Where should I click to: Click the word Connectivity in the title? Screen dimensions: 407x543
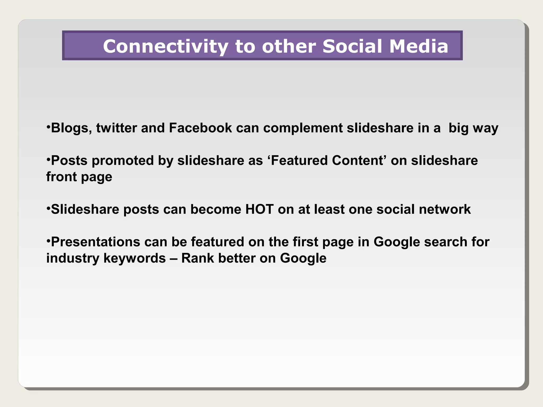click(x=165, y=46)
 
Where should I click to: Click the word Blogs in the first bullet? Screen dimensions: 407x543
click(x=71, y=128)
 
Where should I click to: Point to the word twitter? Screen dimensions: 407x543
click(x=116, y=128)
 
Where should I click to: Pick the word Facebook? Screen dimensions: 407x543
click(x=200, y=128)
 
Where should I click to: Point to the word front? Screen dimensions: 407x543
click(x=62, y=177)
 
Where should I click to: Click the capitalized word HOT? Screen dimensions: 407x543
click(x=259, y=209)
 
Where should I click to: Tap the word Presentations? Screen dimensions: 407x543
click(x=95, y=242)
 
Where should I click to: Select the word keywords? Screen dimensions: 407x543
click(x=134, y=258)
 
